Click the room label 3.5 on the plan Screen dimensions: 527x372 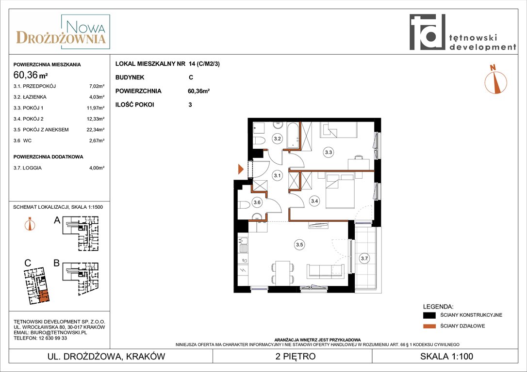click(299, 245)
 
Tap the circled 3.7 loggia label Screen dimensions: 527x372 click(364, 258)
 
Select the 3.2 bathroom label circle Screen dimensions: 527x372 click(277, 138)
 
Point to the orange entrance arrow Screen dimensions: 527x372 click(241, 169)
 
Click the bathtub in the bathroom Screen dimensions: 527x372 click(293, 135)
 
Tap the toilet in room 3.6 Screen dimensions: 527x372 click(244, 204)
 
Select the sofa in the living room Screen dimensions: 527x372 click(325, 271)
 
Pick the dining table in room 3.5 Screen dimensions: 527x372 click(282, 273)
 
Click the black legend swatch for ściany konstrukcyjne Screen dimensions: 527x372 click(429, 315)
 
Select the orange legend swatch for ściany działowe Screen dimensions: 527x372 click(429, 326)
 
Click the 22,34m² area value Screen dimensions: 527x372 click(96, 130)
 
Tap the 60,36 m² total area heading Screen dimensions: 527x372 click(30, 75)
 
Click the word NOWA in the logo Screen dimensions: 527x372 click(86, 27)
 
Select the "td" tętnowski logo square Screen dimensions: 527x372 click(427, 32)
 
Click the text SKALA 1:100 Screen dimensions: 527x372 click(446, 356)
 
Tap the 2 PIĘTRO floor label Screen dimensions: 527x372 click(296, 356)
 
